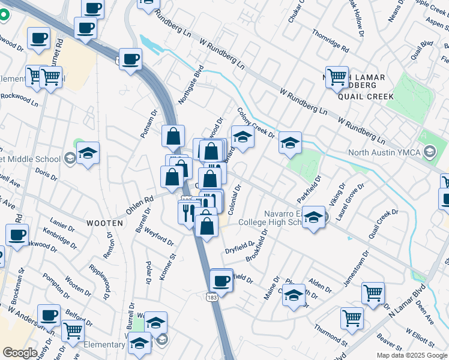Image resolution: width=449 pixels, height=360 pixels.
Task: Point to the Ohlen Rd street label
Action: [x=140, y=205]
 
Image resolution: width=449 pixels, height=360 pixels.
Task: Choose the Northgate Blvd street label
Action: [x=191, y=86]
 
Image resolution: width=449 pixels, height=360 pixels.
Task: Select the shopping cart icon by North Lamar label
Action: [x=337, y=76]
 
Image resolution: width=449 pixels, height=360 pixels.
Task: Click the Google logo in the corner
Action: [x=20, y=353]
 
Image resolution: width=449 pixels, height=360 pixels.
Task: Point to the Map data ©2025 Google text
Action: [x=412, y=355]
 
